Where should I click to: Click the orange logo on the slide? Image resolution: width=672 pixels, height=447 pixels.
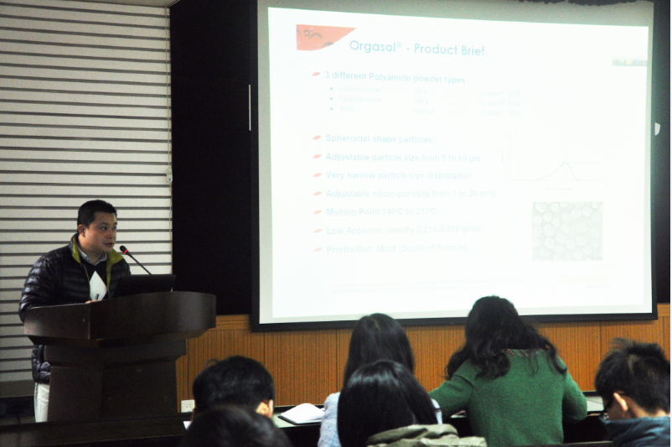coord(323,36)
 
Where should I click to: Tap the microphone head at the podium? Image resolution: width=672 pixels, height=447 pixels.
coord(124,249)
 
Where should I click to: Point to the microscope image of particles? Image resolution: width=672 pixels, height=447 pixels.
coord(566,230)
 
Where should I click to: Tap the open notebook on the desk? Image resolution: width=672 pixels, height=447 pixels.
coord(300,413)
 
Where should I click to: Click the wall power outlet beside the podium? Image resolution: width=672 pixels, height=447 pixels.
coord(188,406)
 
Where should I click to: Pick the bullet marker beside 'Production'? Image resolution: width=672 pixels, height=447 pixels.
coord(317,249)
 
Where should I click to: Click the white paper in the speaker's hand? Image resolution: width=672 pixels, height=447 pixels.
coord(97,286)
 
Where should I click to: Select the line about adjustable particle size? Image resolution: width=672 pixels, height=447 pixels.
coord(402,157)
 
